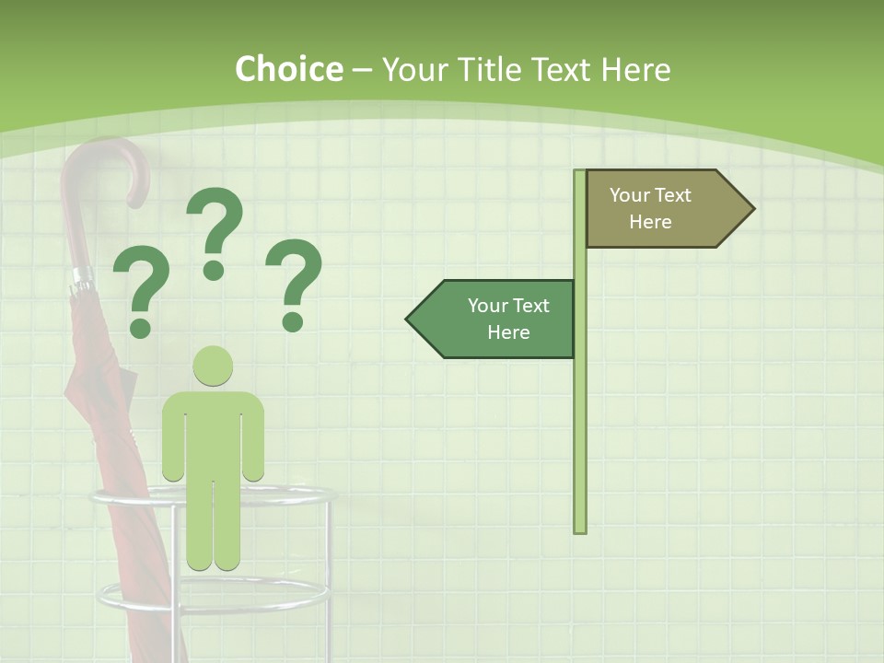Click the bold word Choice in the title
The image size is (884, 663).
coord(288,70)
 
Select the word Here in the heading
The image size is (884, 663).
coord(635,70)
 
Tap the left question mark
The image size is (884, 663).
coord(140,295)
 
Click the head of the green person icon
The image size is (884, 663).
coord(213,366)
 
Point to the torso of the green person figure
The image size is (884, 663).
coord(213,433)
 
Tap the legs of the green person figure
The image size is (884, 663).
coord(213,525)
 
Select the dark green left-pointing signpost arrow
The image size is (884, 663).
coord(493,319)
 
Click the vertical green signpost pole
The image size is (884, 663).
coord(579,414)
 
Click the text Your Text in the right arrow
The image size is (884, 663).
coord(650,195)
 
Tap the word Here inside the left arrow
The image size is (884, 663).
coord(508,332)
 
